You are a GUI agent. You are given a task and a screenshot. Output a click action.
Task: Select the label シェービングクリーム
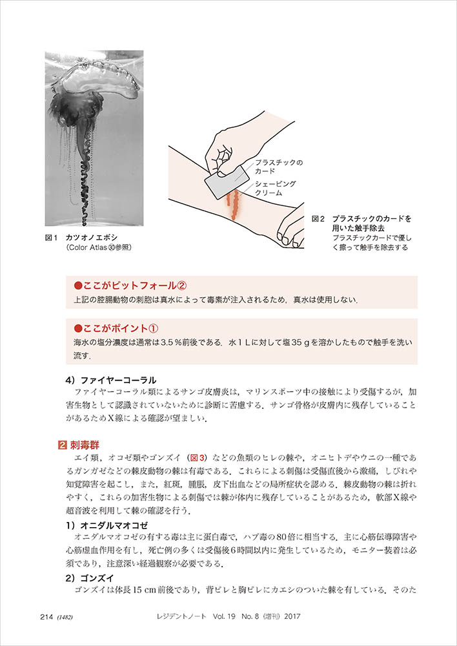[276, 189]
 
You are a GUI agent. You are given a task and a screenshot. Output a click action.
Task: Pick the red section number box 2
[61, 444]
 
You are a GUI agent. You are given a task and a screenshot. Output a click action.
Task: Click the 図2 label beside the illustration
[318, 219]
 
